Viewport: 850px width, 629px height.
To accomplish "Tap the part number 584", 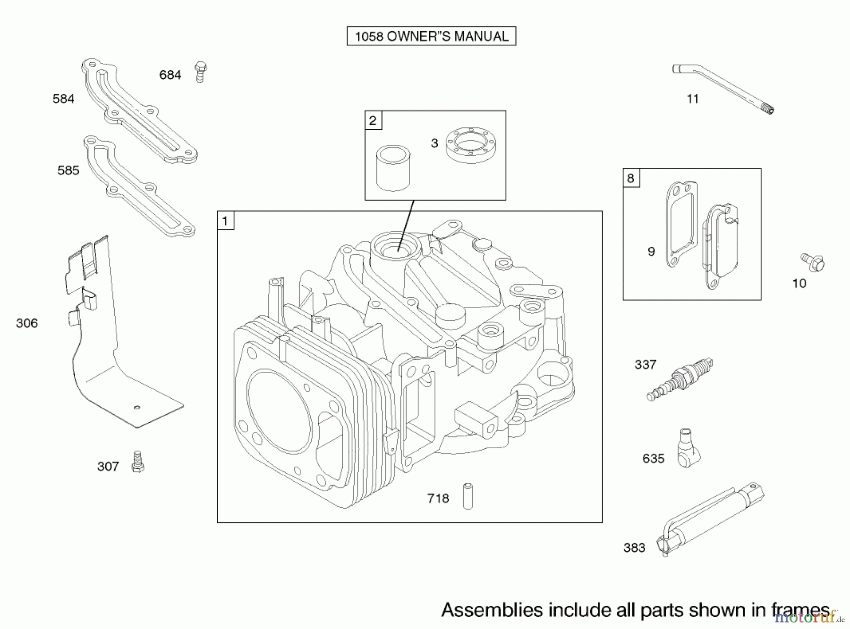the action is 64,99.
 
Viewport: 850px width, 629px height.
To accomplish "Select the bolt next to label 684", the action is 201,72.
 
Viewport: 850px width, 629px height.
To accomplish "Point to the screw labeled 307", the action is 138,461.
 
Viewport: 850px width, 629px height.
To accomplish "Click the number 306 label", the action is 27,323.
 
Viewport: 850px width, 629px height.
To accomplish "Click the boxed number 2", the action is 373,120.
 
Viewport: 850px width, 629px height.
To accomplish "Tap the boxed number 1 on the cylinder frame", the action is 225,220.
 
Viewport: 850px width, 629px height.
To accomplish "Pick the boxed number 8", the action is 631,178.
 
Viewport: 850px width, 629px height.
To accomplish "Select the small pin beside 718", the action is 467,495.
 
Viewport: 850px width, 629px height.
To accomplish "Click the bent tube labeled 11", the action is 723,90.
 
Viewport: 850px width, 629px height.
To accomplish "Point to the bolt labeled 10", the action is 813,262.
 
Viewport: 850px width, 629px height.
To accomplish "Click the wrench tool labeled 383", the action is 710,519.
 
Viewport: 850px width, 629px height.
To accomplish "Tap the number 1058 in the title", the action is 369,36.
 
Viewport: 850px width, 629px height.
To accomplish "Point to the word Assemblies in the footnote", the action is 492,610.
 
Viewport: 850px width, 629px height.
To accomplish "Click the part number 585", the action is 68,170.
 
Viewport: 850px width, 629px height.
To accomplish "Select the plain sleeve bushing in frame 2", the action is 393,168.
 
